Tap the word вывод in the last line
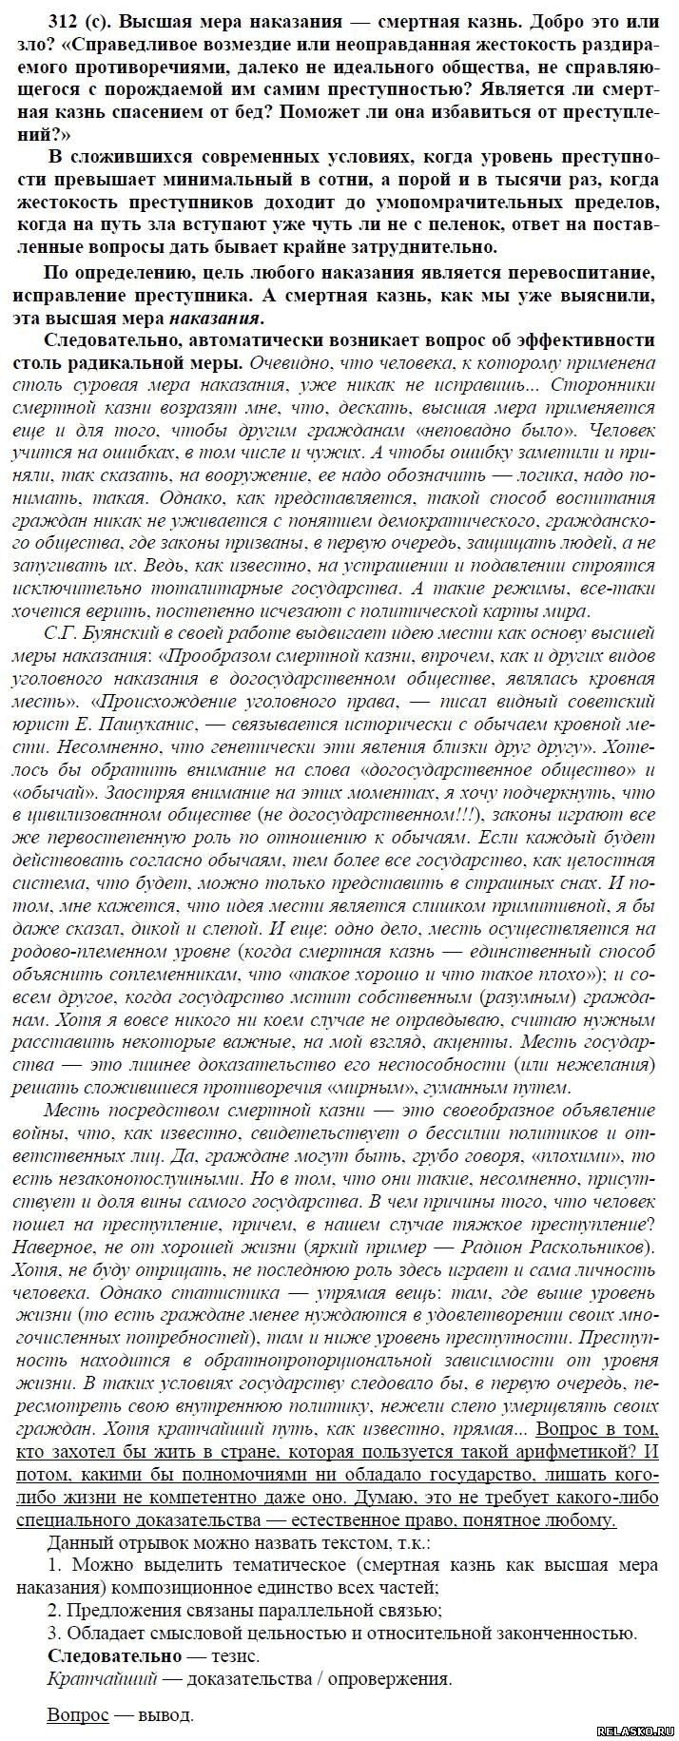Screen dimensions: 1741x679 coord(166,1715)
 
